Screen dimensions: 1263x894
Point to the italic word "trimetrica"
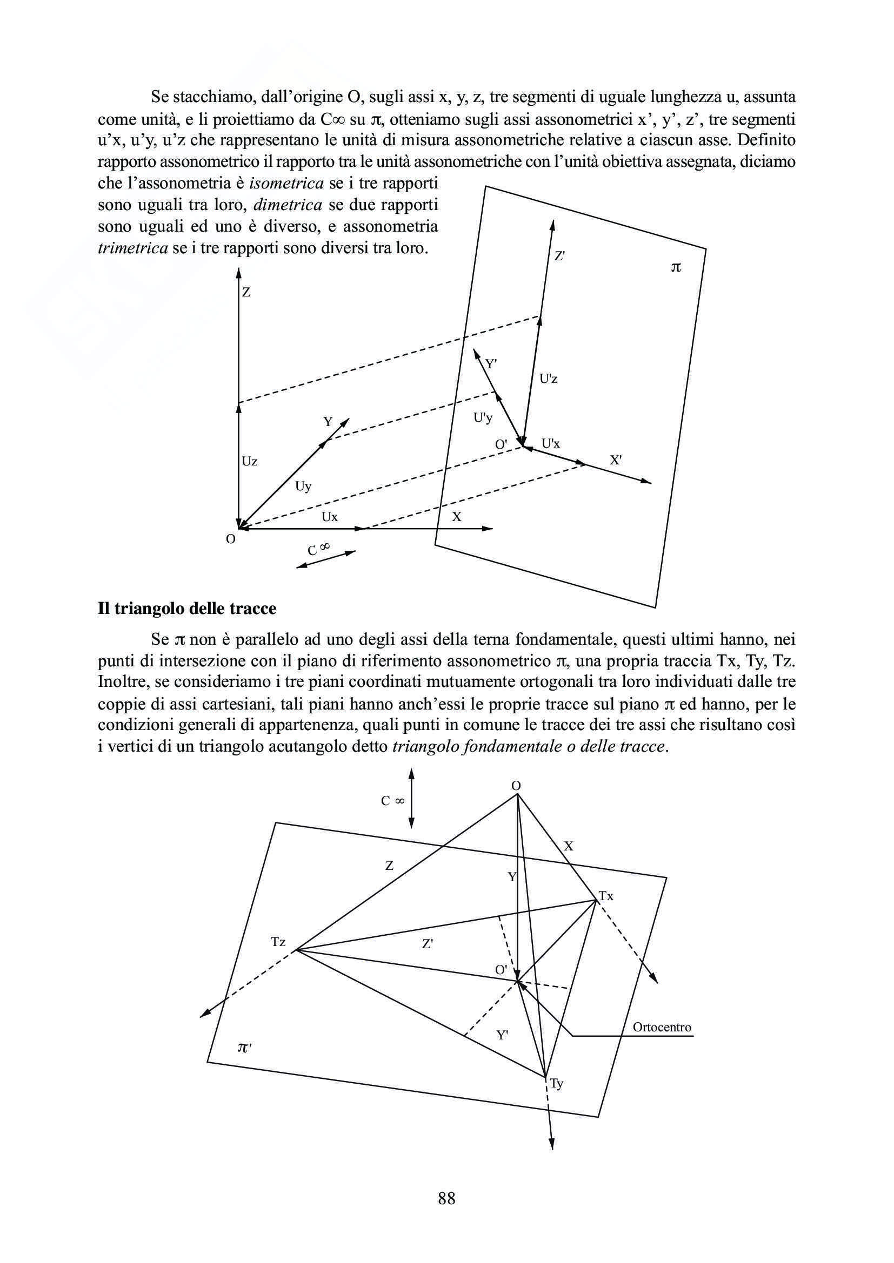(132, 248)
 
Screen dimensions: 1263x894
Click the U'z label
(548, 379)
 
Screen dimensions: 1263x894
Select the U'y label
(483, 418)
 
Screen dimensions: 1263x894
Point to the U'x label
(550, 443)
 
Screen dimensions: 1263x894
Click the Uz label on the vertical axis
(249, 461)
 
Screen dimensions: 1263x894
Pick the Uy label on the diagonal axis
(303, 487)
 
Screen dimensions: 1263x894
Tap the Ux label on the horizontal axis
(329, 517)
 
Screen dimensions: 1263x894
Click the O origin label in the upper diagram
(231, 539)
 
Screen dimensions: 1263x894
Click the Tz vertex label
(278, 942)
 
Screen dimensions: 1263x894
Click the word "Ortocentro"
(662, 1027)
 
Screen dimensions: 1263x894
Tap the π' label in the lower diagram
(244, 1048)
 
